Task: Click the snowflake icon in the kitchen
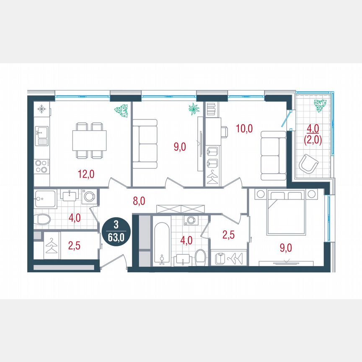[x=41, y=110]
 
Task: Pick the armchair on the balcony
[x=308, y=164]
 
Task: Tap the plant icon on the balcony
[x=321, y=106]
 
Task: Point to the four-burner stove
[x=41, y=166]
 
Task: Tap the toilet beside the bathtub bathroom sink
[x=200, y=257]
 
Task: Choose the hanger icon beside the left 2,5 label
[x=51, y=246]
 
